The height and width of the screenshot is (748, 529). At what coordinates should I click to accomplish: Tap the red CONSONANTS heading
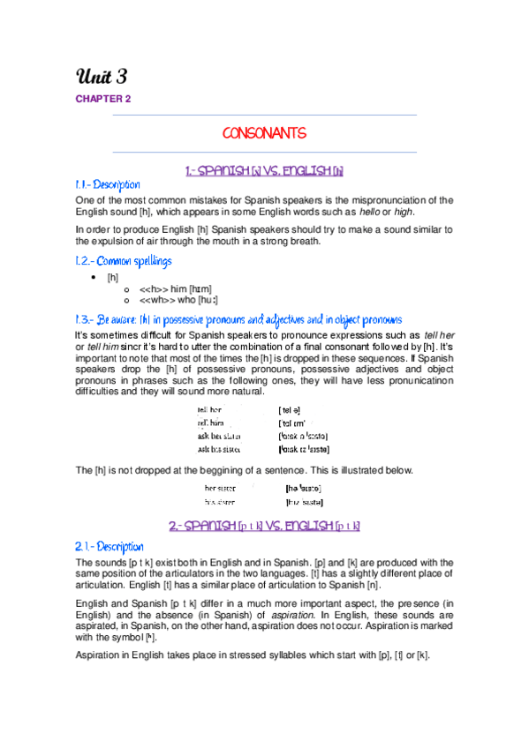pos(264,133)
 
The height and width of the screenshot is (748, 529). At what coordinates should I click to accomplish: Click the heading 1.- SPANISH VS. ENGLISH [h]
pos(264,169)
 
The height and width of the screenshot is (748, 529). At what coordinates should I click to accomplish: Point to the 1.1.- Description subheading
pos(108,185)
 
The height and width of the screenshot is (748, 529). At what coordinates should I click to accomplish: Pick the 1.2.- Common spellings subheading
pos(123,261)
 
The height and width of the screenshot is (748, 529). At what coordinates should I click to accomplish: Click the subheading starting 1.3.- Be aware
pos(238,319)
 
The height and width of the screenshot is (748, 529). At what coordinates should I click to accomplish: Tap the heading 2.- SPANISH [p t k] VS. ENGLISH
pos(264,526)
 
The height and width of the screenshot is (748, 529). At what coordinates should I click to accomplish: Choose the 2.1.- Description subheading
pos(108,547)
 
